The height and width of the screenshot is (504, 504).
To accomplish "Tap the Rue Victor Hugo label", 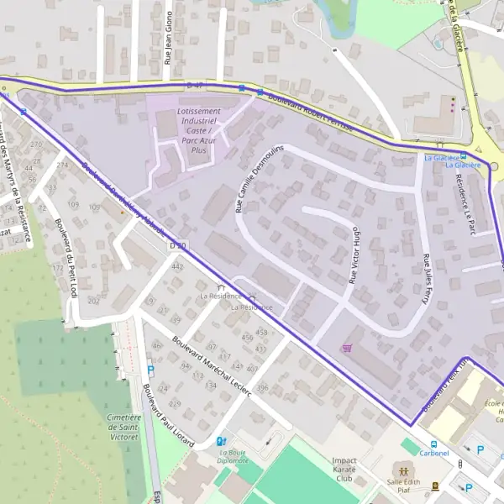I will pos(354,254).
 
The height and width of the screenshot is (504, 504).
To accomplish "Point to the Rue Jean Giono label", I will pos(167,39).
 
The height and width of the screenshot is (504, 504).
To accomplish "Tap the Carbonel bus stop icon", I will pos(433,444).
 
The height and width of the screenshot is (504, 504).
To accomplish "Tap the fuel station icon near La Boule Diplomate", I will pos(221,441).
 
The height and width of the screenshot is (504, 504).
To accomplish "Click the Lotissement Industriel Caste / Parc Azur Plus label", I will pos(199,130).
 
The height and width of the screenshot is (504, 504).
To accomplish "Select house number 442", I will pos(176,266).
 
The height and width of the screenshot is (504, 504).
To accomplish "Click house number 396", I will pos(262,387).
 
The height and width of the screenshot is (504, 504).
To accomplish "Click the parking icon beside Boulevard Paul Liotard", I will pos(150,370).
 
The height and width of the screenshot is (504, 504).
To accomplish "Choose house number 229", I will pos(176,404).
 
